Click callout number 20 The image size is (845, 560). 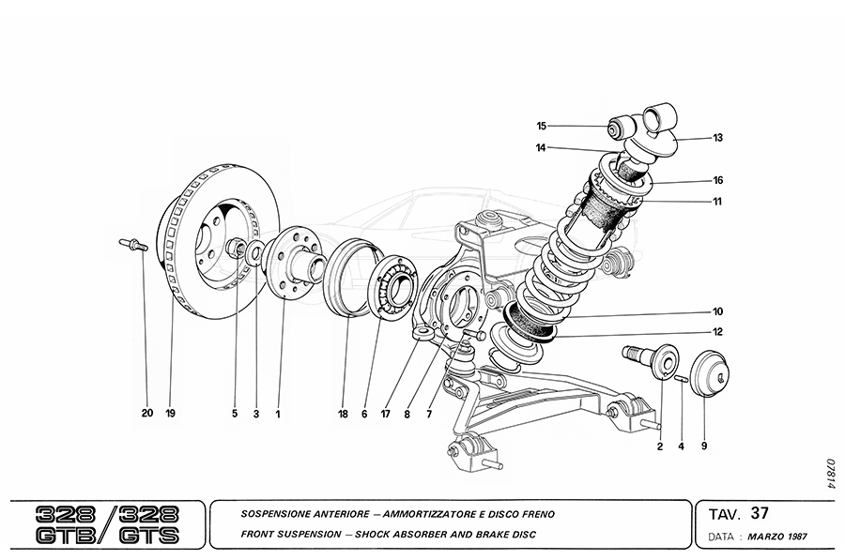pos(146,413)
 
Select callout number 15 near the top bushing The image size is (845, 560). pos(542,126)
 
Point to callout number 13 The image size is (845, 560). pos(717,138)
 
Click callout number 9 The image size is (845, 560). pos(703,446)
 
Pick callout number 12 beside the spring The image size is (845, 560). pos(717,331)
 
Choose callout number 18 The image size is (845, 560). pos(344,413)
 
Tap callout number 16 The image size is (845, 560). pos(717,180)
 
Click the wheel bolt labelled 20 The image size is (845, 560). pos(133,245)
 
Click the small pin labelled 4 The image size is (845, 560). pos(680,378)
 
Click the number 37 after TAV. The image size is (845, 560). pos(760,514)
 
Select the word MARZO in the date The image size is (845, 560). pos(762,539)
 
